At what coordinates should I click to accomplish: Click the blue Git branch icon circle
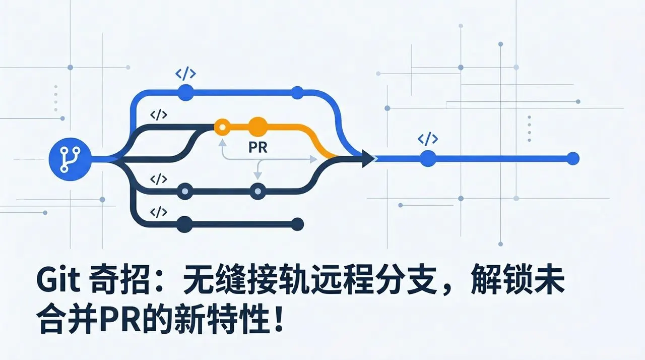70,159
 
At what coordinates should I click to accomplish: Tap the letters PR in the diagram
257,147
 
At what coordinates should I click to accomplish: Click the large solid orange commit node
257,127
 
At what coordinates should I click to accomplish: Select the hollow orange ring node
222,127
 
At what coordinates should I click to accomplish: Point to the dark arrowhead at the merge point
368,158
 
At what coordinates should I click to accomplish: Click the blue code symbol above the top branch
186,73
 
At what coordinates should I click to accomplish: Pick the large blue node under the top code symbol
186,92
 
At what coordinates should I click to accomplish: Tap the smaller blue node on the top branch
297,92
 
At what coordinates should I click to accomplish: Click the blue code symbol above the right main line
428,139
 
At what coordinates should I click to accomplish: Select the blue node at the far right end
573,158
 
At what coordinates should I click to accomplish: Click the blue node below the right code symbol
428,158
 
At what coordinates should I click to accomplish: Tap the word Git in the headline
58,280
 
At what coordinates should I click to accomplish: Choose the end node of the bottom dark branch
297,224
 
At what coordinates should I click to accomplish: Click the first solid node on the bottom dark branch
184,224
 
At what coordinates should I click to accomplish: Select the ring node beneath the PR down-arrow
257,191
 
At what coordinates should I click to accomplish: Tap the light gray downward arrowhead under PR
257,175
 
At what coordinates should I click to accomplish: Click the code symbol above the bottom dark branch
158,212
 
